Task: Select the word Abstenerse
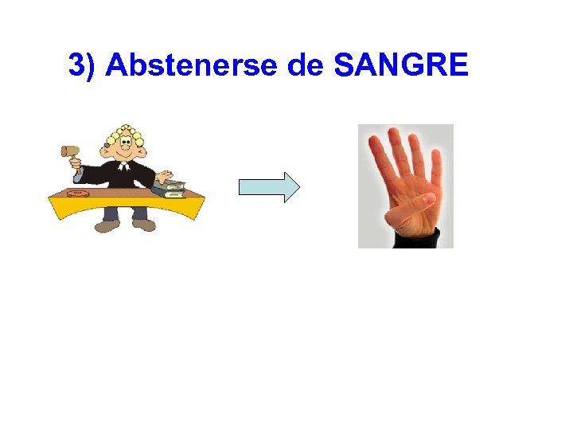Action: point(191,66)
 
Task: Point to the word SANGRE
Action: point(401,66)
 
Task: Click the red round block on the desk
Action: point(78,193)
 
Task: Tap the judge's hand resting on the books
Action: point(165,177)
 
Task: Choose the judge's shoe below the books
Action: point(144,225)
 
